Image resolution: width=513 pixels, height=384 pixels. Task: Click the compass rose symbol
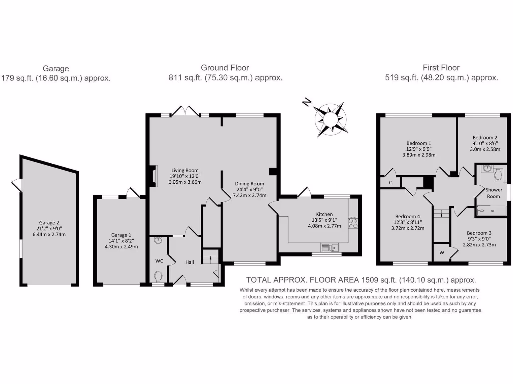pyautogui.click(x=330, y=119)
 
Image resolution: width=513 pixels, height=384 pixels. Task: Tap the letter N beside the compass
pyautogui.click(x=306, y=103)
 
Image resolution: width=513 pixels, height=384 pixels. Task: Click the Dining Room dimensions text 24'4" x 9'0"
pyautogui.click(x=249, y=189)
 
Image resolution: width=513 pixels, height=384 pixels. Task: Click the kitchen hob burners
pyautogui.click(x=354, y=222)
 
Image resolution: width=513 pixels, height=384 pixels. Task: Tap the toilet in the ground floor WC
pyautogui.click(x=158, y=276)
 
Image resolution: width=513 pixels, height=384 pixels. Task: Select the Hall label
pyautogui.click(x=190, y=262)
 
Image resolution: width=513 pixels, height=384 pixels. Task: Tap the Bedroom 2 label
pyautogui.click(x=485, y=137)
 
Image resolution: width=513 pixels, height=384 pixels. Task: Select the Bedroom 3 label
pyautogui.click(x=479, y=233)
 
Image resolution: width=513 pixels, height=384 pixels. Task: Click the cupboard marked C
pyautogui.click(x=390, y=183)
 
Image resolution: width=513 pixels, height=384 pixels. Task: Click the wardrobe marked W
pyautogui.click(x=442, y=252)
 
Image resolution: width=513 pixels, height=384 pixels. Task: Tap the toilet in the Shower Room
pyautogui.click(x=498, y=174)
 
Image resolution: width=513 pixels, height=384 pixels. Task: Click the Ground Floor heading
pyautogui.click(x=225, y=68)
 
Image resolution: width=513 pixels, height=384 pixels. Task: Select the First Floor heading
pyautogui.click(x=441, y=68)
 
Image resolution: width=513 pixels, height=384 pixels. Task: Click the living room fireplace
pyautogui.click(x=151, y=175)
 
